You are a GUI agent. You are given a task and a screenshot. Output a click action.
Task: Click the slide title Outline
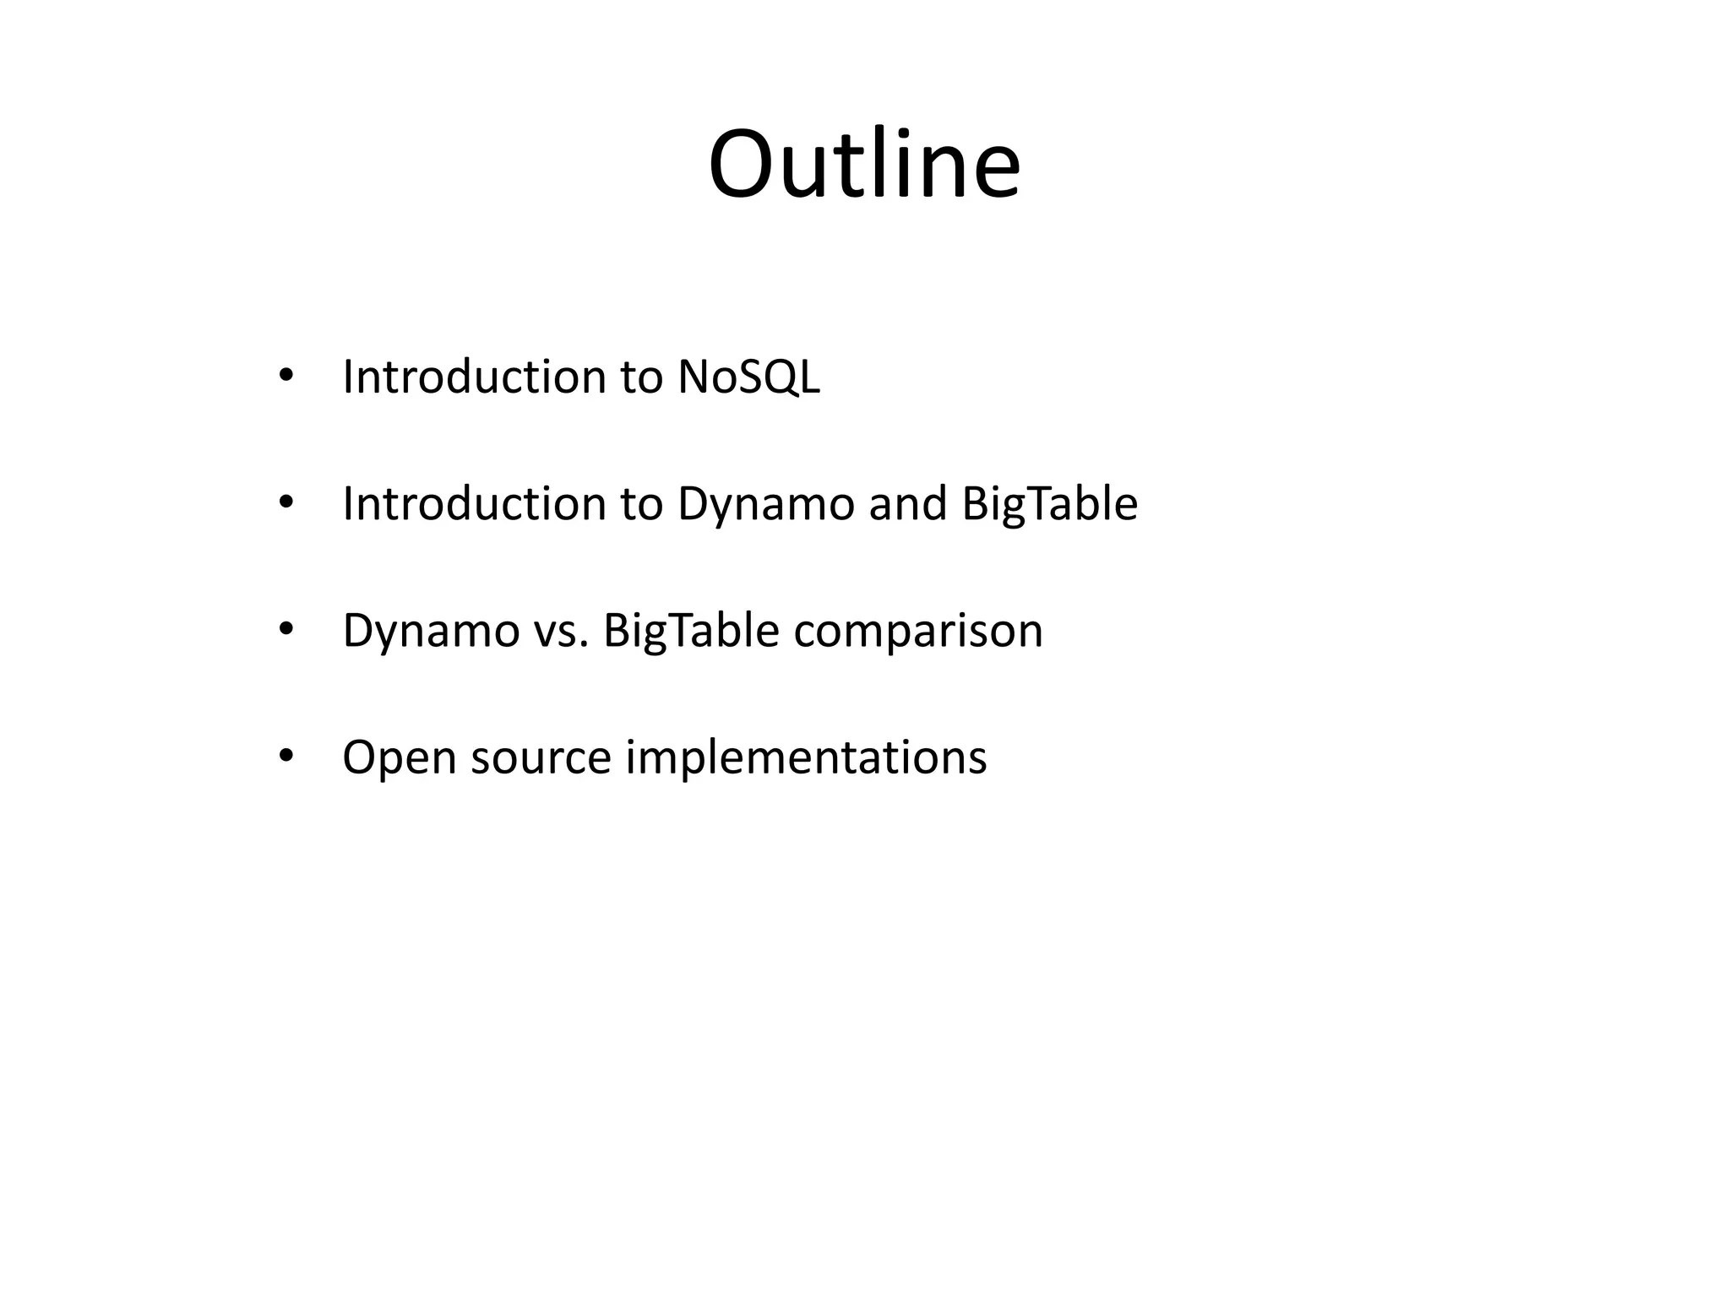click(864, 164)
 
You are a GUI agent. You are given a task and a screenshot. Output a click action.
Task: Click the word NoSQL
click(748, 377)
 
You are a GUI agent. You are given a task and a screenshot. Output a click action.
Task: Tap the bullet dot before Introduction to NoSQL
click(286, 376)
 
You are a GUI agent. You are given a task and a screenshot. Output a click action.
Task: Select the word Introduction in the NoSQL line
click(473, 377)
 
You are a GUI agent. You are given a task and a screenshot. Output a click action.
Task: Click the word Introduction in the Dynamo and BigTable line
click(473, 503)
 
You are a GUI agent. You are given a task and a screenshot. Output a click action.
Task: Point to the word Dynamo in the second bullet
click(765, 505)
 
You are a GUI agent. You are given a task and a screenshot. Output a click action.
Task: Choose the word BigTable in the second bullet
click(1049, 505)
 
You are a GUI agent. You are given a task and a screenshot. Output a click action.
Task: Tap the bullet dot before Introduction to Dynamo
click(286, 502)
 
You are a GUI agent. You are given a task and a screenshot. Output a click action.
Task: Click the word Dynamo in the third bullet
click(430, 632)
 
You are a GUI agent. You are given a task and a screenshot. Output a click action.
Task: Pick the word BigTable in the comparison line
click(690, 632)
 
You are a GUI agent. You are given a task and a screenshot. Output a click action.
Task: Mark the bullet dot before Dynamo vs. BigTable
click(286, 629)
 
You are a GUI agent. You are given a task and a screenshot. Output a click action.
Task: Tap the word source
click(541, 758)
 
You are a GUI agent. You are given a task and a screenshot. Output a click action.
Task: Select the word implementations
click(805, 758)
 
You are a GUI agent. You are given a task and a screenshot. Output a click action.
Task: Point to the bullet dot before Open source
click(286, 756)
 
